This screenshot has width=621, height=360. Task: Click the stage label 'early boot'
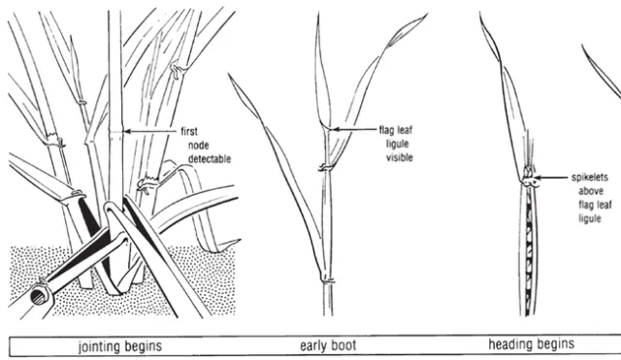click(330, 344)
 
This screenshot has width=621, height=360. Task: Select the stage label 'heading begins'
click(531, 344)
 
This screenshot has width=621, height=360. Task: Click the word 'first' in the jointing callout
click(189, 130)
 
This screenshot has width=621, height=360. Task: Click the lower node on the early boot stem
click(328, 280)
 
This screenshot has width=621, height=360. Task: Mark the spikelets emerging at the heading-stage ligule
click(529, 178)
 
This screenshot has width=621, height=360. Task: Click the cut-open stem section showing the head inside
click(530, 247)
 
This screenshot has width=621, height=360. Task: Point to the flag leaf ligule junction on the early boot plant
click(326, 127)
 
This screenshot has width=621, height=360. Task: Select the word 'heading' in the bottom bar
click(510, 344)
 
